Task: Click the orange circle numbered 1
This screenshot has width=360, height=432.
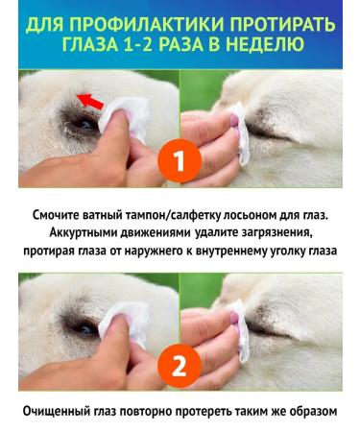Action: (180, 160)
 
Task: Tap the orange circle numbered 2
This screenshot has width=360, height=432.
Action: (180, 364)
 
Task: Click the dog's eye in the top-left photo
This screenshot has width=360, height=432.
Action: (85, 122)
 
